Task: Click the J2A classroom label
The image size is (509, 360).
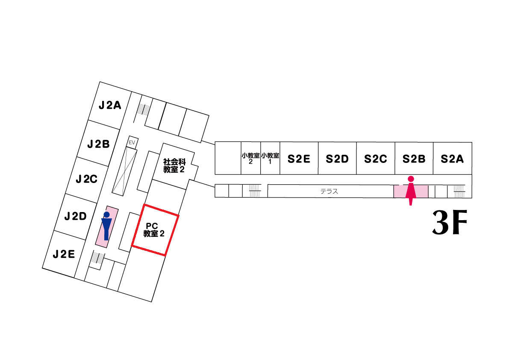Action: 110,105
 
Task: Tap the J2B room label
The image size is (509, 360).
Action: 99,144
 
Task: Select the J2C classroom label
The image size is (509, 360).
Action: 87,179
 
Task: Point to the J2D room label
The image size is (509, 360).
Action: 76,216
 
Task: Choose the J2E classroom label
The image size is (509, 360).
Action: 64,254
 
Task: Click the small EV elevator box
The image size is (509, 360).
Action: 132,142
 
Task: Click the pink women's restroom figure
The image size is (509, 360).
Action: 411,191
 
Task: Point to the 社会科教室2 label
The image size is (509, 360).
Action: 174,165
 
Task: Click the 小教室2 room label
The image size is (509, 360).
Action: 250,159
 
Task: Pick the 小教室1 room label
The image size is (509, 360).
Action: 270,159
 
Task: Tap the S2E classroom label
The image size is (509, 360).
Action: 299,159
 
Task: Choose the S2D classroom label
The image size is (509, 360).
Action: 337,159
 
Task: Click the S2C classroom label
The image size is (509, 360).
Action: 376,159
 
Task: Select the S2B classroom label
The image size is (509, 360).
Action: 414,159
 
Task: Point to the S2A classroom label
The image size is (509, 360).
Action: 452,159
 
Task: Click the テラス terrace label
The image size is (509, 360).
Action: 330,192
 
